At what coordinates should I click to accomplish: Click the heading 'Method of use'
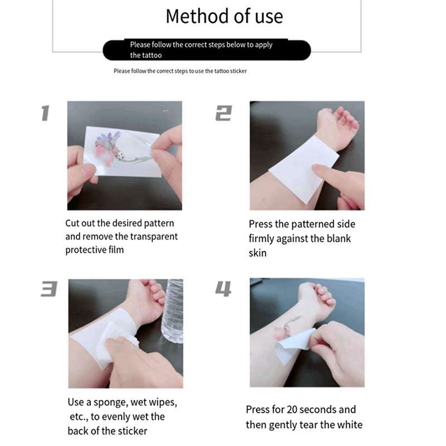coord(224,16)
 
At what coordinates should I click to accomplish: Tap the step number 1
coord(45,113)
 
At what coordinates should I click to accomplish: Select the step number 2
coord(224,113)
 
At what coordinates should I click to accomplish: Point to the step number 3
coord(49,289)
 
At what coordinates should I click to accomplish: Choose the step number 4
coord(224,289)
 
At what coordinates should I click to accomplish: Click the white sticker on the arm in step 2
coord(303,169)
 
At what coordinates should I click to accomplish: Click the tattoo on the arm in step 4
coord(287,328)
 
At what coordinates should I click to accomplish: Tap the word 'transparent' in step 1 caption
coord(154,236)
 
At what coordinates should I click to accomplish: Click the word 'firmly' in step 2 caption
coord(261,239)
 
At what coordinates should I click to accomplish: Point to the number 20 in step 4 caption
coord(292,410)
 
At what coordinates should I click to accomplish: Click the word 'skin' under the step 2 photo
coord(258,253)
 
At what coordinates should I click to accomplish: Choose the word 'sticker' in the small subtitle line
coord(239,71)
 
